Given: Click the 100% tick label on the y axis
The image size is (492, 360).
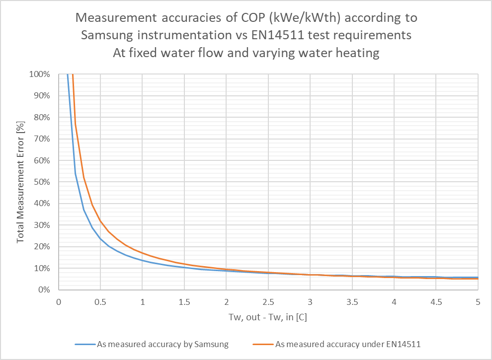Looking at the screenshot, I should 40,74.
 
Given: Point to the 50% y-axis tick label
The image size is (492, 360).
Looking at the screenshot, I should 42,182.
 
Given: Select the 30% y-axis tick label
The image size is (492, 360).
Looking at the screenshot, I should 42,225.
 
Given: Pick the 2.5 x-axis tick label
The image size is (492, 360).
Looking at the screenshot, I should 268,301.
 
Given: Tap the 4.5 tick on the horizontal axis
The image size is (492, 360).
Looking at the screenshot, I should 436,301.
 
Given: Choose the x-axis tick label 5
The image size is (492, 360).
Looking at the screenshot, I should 478,301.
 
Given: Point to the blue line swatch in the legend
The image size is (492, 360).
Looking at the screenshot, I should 86,344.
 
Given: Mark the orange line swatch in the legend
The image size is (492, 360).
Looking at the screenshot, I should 263,344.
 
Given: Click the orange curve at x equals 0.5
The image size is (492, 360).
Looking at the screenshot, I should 100,221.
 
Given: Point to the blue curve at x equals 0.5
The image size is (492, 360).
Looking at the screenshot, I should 100,238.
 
